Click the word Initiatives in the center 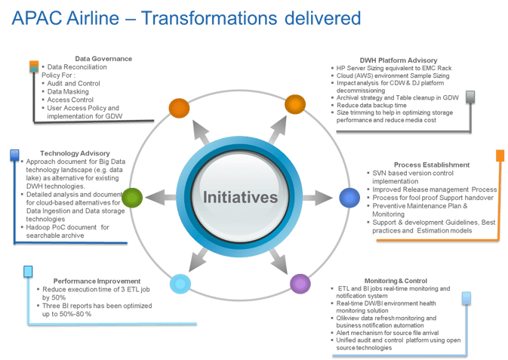click(240, 197)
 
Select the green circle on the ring click(132, 198)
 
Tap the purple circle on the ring click(300, 284)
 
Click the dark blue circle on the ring click(349, 198)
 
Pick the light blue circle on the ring click(180, 284)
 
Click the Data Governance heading click(103, 59)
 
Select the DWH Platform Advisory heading click(399, 60)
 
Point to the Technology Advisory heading click(75, 153)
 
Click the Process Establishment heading click(432, 165)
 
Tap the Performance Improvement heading click(97, 281)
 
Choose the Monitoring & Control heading click(396, 281)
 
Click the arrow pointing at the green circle click(160, 197)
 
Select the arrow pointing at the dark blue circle click(318, 197)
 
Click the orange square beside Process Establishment click(500, 155)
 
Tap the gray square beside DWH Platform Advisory click(470, 97)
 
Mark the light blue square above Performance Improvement click(28, 272)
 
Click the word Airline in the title click(93, 18)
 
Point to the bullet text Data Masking click(68, 92)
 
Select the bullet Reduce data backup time click(371, 106)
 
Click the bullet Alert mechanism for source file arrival click(387, 333)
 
